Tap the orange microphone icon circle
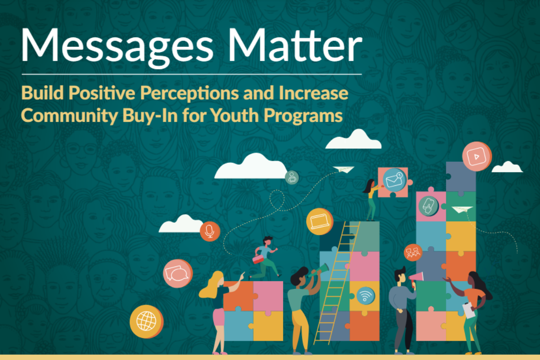tap(210, 231)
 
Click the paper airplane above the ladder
tap(343, 170)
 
